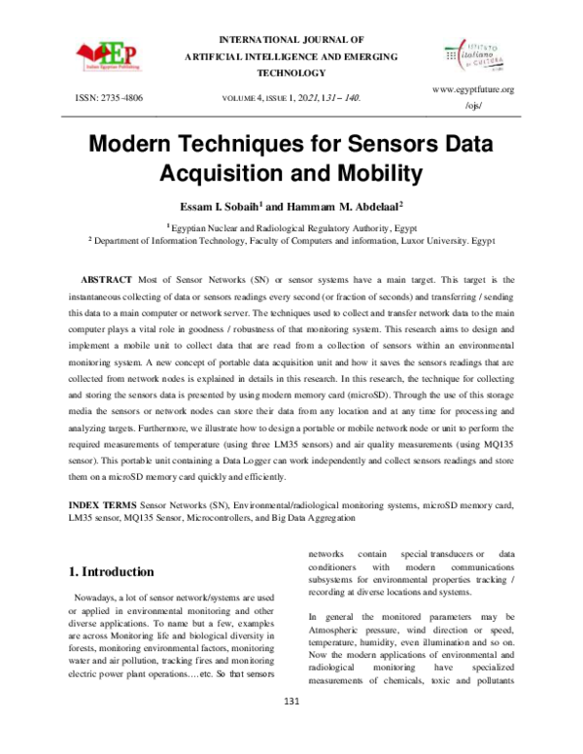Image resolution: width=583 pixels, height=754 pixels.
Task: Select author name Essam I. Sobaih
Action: [x=219, y=206]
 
